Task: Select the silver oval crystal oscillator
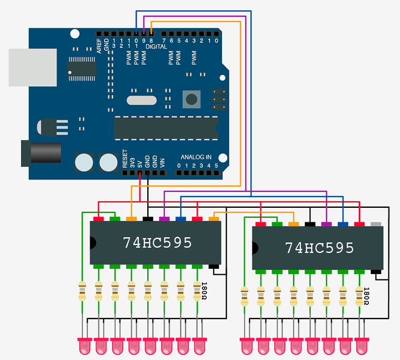[141, 100]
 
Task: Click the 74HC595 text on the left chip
[157, 243]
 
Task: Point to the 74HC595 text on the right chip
[319, 248]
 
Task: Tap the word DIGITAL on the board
[156, 47]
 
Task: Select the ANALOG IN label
[196, 157]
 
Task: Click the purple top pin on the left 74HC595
[165, 219]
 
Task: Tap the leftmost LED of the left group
[83, 344]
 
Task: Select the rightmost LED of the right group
[362, 344]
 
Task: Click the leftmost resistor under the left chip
[82, 291]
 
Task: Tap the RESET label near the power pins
[125, 159]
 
